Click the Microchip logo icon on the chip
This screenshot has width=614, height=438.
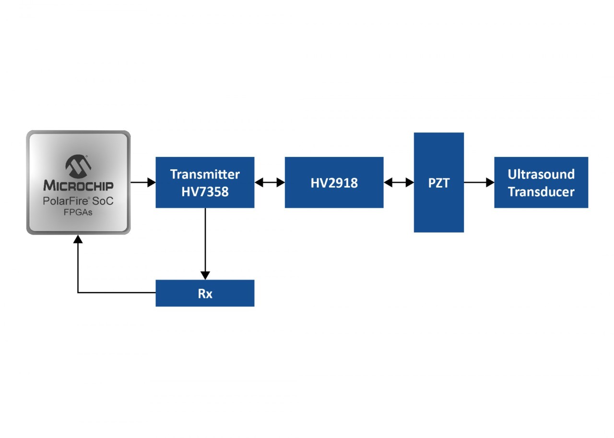click(78, 166)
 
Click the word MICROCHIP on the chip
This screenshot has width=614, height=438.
click(78, 186)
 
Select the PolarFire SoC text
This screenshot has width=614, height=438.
click(78, 201)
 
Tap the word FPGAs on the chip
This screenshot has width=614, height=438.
click(78, 212)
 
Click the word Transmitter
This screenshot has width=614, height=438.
click(205, 174)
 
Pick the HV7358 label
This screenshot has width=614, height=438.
click(205, 192)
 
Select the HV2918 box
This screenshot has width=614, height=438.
click(334, 182)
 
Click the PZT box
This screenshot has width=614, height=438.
click(438, 182)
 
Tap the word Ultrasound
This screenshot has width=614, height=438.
click(541, 174)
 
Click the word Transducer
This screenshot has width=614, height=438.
click(541, 192)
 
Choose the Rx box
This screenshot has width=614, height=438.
click(205, 293)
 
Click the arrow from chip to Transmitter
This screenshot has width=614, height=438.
click(143, 182)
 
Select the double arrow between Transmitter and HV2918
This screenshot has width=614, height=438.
click(270, 182)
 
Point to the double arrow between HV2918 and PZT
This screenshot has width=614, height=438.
click(399, 182)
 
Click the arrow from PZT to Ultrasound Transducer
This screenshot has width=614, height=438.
click(479, 182)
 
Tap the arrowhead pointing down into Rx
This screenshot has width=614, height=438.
click(205, 275)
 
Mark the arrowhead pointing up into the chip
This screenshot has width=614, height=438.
click(78, 239)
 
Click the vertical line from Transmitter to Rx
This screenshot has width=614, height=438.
click(205, 240)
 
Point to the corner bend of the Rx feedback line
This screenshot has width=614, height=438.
click(78, 293)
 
